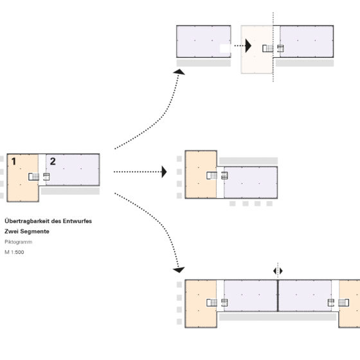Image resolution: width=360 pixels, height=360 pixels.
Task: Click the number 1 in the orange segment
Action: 14,161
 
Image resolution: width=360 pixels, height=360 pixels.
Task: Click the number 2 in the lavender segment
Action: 53,161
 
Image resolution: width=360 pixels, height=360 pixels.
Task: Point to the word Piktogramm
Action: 19,242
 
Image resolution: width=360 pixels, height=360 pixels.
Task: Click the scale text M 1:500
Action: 14,252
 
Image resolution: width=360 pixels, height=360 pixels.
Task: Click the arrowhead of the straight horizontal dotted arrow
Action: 164,172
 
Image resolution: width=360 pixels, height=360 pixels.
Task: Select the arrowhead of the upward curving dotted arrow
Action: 179,72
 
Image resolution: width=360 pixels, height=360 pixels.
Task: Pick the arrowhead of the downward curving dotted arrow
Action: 179,270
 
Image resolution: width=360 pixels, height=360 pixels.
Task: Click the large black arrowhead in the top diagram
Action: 248,46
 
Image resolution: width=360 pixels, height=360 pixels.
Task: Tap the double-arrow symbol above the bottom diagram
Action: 278,271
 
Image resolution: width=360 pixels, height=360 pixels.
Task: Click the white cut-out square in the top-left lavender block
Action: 225,48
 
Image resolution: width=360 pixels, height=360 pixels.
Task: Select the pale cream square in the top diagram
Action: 256,50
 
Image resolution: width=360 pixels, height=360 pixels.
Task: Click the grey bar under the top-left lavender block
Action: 204,63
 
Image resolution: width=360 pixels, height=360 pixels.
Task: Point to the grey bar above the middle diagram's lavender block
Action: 248,161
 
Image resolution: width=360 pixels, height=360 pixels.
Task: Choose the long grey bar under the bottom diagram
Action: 278,317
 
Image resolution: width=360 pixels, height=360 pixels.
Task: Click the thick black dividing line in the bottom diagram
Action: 278,296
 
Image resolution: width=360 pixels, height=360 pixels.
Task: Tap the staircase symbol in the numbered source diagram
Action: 33,177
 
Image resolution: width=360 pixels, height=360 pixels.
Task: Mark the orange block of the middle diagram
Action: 201,174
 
